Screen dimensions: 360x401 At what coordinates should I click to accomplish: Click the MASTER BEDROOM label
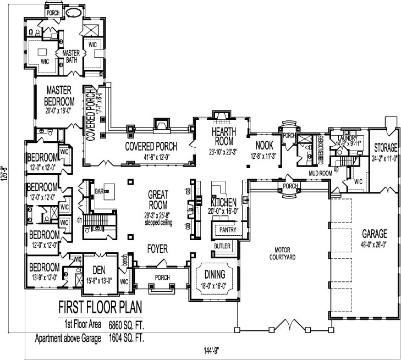pos(61,95)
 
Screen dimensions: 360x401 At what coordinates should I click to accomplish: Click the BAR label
pos(100,192)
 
